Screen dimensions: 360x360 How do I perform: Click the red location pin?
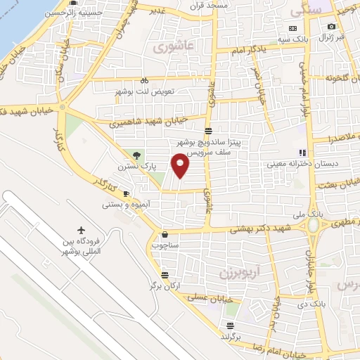pyautogui.click(x=181, y=165)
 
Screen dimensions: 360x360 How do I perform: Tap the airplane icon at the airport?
pyautogui.click(x=82, y=231)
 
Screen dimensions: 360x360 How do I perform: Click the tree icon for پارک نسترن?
pyautogui.click(x=138, y=155)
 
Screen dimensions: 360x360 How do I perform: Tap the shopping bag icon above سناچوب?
pyautogui.click(x=165, y=235)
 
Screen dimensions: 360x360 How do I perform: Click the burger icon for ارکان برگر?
pyautogui.click(x=165, y=276)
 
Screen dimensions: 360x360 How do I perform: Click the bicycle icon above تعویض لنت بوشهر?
pyautogui.click(x=144, y=80)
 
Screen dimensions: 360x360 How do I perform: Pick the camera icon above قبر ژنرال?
pyautogui.click(x=330, y=27)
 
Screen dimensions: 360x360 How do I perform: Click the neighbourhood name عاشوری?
pyautogui.click(x=170, y=48)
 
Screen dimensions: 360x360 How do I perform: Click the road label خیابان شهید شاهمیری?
pyautogui.click(x=148, y=120)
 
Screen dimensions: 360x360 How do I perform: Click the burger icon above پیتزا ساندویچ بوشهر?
pyautogui.click(x=208, y=131)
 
